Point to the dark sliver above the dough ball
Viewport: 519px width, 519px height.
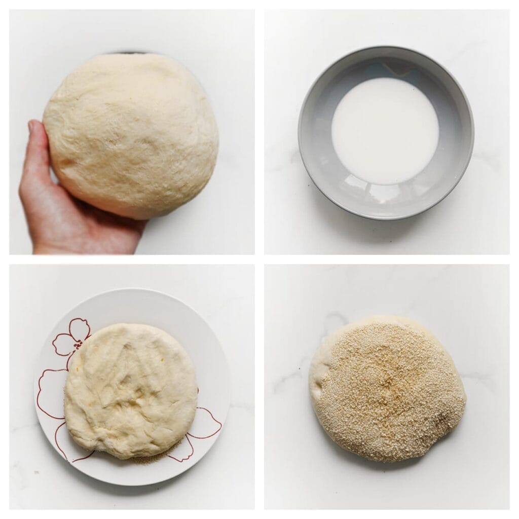(x=129, y=52)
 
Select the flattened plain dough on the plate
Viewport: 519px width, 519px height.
(x=131, y=390)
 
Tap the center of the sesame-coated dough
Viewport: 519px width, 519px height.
(x=390, y=390)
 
